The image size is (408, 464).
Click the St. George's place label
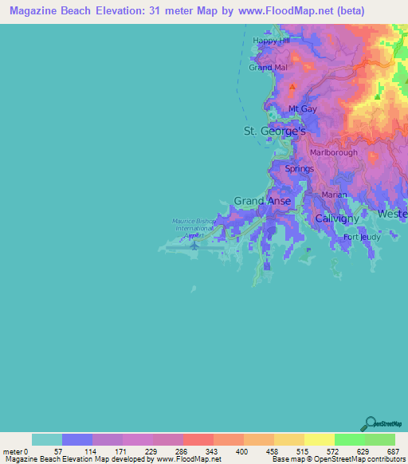(x=273, y=130)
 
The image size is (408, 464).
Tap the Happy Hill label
(x=268, y=41)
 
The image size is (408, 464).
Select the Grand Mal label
(x=267, y=68)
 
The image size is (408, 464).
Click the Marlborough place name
(x=333, y=152)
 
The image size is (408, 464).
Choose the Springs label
(x=300, y=169)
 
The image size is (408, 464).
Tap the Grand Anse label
(x=262, y=202)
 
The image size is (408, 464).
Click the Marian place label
(x=332, y=195)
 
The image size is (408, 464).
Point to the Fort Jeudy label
(x=363, y=238)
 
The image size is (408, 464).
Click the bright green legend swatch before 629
(x=349, y=439)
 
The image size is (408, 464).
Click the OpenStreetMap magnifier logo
(x=369, y=423)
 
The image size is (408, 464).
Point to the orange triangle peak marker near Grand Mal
(x=292, y=86)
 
